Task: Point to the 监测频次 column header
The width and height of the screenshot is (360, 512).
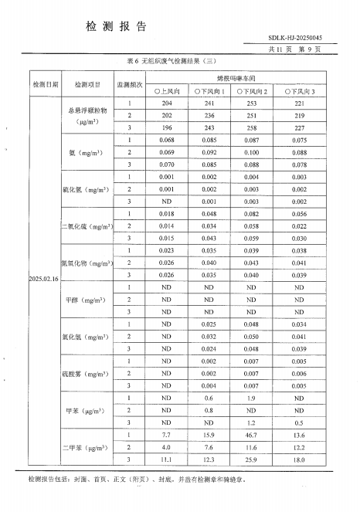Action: (x=130, y=83)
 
